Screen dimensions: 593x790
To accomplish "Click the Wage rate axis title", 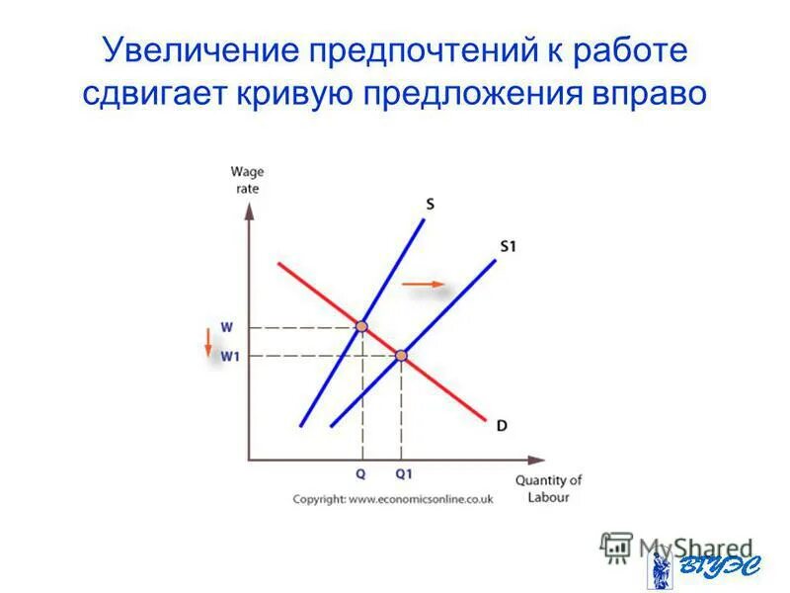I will pos(247,181).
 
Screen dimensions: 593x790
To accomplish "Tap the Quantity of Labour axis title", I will pos(548,488).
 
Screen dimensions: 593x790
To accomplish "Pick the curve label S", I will pos(431,205).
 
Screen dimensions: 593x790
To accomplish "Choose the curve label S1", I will pos(508,247).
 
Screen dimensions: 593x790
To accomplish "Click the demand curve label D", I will pos(502,426).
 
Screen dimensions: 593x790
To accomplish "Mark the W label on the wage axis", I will pos(227,326).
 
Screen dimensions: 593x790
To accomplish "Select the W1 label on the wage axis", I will pos(229,356).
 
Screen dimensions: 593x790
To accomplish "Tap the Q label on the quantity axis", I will pos(361,473).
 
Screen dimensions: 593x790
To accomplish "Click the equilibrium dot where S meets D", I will pos(362,326).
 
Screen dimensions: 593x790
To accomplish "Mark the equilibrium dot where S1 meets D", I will pos(402,355).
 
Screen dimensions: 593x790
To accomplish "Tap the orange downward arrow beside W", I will pos(208,342).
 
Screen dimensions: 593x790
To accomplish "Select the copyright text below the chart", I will pos(392,499).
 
